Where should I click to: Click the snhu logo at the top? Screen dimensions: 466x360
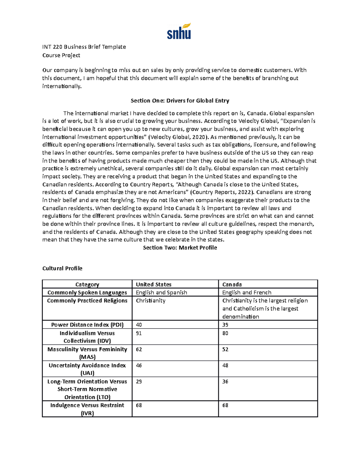179,32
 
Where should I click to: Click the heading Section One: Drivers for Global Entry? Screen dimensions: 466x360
180,101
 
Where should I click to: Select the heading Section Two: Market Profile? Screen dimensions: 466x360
180,248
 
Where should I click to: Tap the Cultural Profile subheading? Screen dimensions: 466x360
62,268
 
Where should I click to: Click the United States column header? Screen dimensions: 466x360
154,284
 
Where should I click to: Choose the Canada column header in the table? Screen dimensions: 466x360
232,284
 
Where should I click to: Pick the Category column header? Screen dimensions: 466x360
87,284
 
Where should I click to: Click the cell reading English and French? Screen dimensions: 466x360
247,292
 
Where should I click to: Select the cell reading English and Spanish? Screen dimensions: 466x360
161,292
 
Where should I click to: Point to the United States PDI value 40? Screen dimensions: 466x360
139,325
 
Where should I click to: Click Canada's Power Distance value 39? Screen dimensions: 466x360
225,325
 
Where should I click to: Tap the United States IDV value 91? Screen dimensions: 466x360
139,333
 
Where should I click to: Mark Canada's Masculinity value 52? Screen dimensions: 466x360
225,349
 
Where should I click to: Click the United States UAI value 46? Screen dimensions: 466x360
139,365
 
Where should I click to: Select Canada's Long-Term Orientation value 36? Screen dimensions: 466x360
225,381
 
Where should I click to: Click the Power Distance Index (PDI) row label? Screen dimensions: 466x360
87,325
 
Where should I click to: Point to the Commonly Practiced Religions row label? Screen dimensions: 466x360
87,300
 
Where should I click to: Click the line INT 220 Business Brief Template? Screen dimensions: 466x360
84,47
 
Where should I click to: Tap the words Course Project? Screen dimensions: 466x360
61,55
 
